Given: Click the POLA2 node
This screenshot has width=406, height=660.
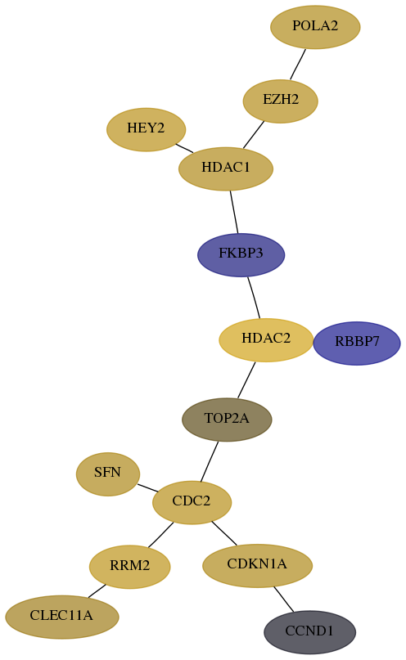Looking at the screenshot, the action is [315, 27].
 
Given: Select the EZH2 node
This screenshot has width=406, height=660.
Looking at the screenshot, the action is [281, 101].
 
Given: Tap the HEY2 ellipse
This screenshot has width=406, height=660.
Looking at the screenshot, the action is [147, 129].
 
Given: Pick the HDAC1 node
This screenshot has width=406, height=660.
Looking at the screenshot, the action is [226, 168].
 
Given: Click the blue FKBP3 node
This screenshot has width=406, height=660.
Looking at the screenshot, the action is [241, 254].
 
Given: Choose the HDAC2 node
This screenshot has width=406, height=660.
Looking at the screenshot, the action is [266, 339].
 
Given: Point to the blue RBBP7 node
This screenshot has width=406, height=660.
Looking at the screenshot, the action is [357, 343].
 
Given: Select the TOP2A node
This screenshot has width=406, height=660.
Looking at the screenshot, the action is [227, 420].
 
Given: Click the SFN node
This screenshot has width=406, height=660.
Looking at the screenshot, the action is [108, 474].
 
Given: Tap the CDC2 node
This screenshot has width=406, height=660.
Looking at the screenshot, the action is [192, 502].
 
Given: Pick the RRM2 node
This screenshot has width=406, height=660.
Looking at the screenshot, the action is [129, 567].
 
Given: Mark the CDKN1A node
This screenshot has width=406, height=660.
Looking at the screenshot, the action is [257, 565].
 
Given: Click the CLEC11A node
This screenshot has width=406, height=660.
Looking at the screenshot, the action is [62, 617].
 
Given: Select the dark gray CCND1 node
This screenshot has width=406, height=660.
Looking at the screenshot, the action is [309, 632].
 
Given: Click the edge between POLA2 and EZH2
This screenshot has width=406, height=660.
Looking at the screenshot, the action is [298, 64].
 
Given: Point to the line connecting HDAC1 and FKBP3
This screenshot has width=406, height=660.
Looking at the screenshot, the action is [234, 212].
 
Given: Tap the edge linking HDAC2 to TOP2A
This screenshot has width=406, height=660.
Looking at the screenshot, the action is [246, 379].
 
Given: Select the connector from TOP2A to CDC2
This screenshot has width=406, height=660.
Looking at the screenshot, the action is [210, 461].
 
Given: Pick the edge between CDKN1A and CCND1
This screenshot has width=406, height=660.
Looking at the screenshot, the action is [283, 599].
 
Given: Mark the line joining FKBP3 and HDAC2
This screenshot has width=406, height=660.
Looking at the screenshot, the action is [254, 298].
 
